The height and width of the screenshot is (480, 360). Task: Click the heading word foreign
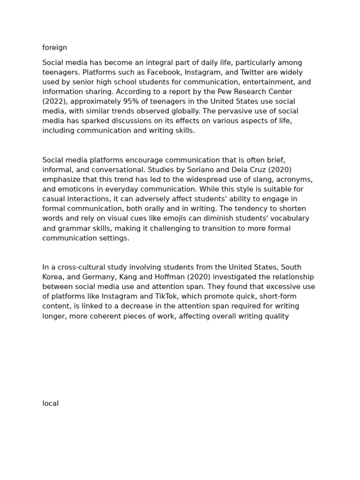tap(55, 48)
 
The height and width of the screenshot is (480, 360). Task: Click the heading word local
tap(51, 404)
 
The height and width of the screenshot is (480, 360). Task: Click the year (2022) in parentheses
tap(55, 102)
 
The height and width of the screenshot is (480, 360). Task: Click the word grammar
tap(73, 228)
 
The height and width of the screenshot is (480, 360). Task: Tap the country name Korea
tap(52, 277)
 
